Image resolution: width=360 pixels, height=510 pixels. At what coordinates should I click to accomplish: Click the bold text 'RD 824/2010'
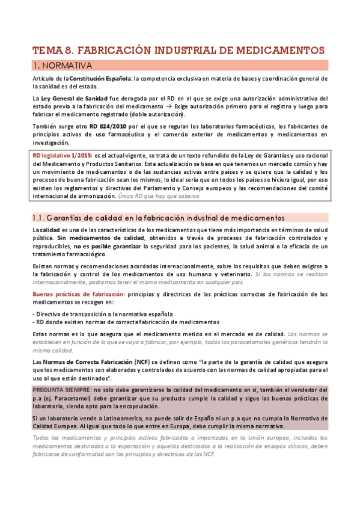108,126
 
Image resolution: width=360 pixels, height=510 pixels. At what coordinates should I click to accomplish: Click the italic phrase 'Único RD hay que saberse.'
168,196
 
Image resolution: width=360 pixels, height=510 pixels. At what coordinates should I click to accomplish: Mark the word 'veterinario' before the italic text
231,274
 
